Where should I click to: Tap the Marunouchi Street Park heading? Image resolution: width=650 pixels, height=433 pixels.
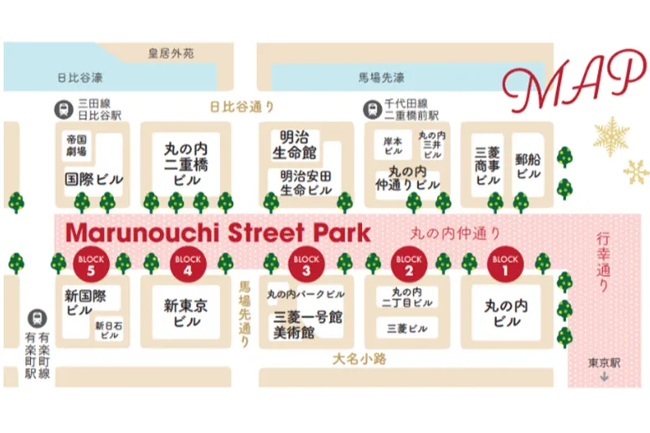[x=218, y=232]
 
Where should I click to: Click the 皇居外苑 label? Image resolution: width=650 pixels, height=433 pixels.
[x=170, y=54]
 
